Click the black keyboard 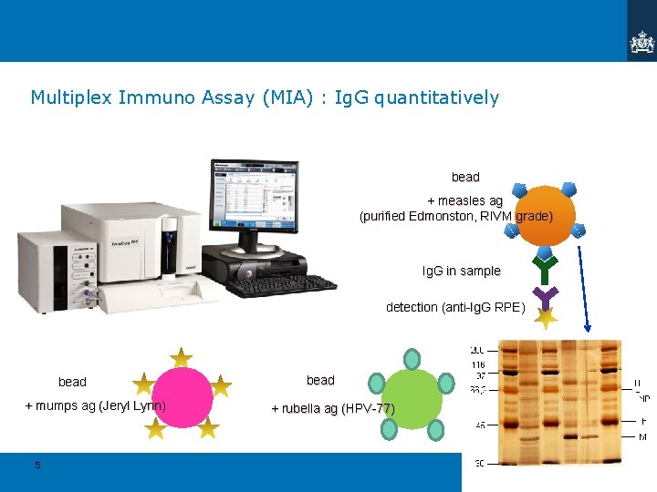point(280,285)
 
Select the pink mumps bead point(182,397)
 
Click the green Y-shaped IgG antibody point(545,268)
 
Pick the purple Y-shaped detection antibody point(545,296)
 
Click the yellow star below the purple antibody point(545,319)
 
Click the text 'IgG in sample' point(461,271)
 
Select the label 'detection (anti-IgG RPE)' point(454,307)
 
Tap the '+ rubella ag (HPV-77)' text point(333,408)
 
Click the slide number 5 point(37,465)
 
